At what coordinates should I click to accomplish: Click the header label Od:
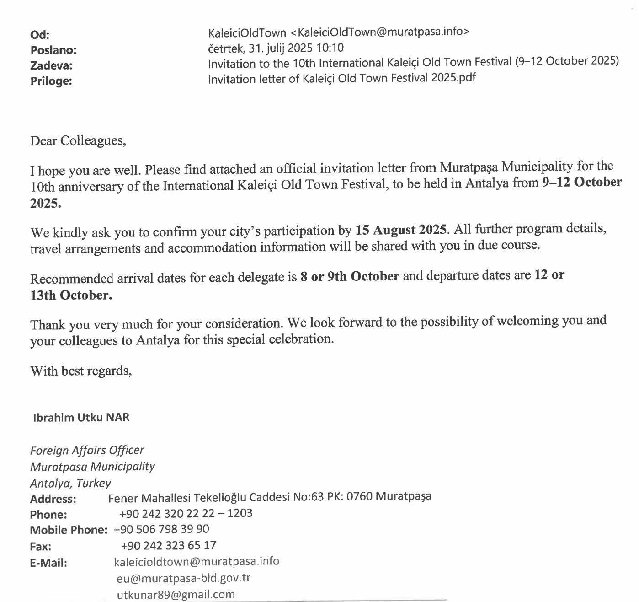point(40,35)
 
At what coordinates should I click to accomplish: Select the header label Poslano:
point(53,50)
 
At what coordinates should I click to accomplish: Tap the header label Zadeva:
point(51,66)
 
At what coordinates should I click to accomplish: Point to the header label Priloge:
point(51,81)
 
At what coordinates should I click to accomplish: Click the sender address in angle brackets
point(380,32)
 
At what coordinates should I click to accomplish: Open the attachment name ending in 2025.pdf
point(342,78)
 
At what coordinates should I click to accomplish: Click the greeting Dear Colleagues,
point(78,140)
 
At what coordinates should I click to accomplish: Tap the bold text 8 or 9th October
point(350,277)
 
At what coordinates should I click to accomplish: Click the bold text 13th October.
point(71,296)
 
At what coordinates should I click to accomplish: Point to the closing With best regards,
point(81,371)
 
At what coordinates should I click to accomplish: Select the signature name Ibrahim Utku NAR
point(81,417)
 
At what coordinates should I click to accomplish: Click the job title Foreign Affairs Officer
point(87,451)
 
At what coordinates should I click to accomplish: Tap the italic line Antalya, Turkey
point(70,484)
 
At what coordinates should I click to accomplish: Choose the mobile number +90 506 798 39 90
point(161,529)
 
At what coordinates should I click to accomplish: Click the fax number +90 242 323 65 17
point(169,545)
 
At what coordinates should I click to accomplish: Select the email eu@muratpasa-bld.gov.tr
point(184,578)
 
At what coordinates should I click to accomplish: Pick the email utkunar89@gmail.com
point(176,595)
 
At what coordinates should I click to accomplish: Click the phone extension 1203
point(240,513)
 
